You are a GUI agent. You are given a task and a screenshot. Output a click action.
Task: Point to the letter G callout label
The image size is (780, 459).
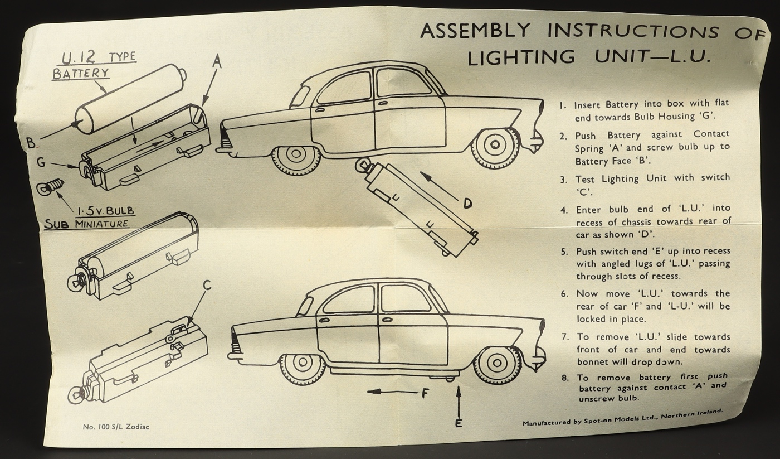tap(41, 162)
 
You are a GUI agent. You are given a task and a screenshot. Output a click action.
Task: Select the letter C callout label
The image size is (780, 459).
tap(207, 286)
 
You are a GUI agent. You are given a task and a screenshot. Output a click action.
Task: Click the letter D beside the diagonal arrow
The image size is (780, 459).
tap(467, 204)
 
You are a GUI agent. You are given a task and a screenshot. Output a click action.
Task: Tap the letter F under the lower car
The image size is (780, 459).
tap(425, 393)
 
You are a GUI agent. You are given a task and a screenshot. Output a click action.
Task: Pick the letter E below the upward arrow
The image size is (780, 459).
tap(458, 423)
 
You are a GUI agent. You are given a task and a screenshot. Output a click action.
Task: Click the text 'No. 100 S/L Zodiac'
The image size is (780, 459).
tap(116, 427)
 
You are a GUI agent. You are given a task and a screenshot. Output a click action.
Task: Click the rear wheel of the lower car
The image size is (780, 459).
tap(303, 366)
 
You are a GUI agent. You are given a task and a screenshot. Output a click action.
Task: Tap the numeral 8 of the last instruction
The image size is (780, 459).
tap(564, 378)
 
